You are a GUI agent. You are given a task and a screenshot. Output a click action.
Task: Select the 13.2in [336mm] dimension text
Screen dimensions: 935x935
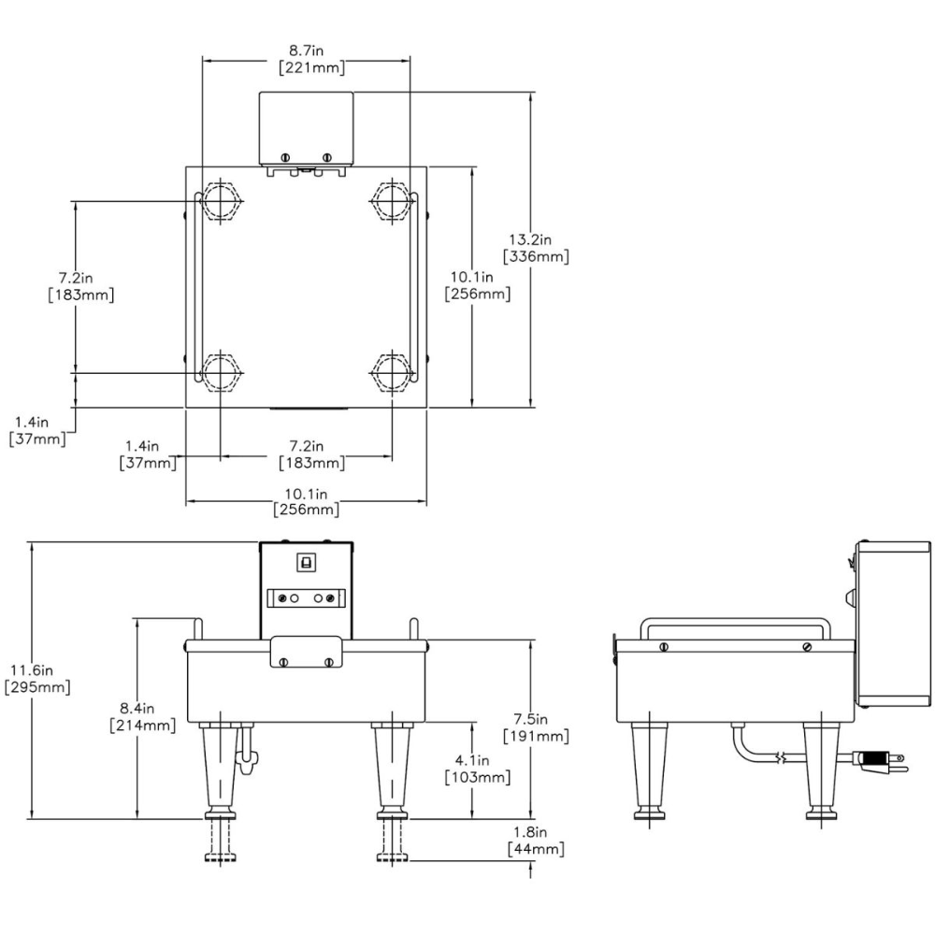pos(536,249)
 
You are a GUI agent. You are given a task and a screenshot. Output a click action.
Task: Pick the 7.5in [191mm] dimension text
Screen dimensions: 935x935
pos(536,727)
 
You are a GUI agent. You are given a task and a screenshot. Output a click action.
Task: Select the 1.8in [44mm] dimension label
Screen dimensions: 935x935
pos(536,841)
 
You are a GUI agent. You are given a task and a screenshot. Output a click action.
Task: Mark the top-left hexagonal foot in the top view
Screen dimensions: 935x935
pos(220,199)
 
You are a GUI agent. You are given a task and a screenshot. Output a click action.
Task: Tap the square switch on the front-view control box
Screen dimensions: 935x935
pos(305,563)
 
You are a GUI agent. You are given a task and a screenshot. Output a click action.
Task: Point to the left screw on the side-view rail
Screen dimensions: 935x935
pos(663,646)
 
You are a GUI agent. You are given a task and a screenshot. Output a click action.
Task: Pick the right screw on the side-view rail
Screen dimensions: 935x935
pos(807,646)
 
